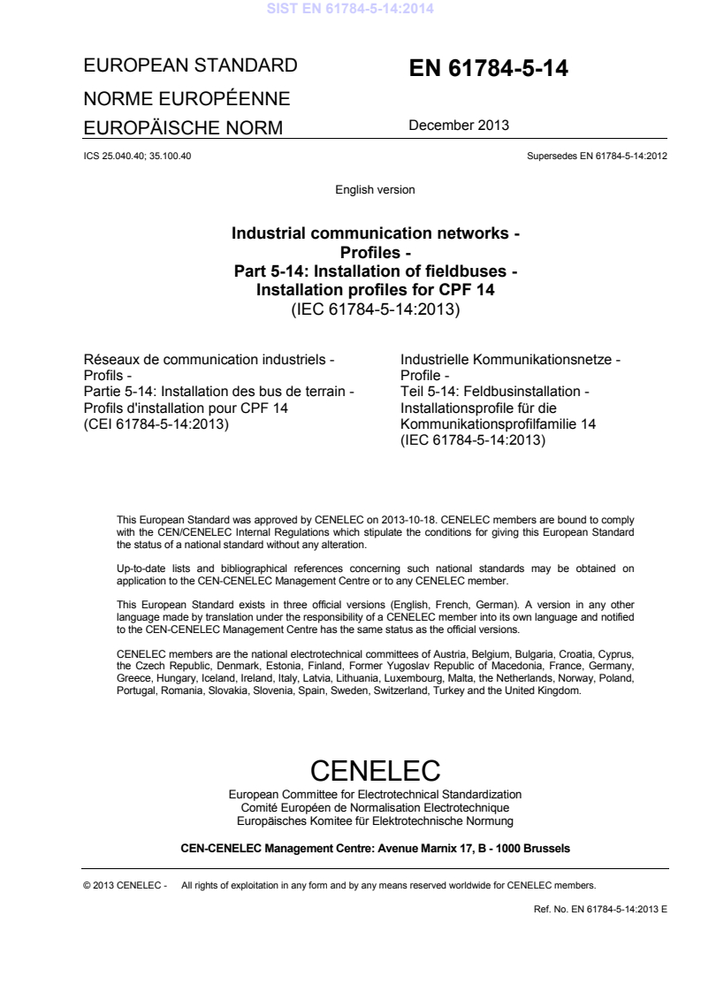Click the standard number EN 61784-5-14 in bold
487,71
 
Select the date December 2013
458,126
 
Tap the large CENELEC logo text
375,769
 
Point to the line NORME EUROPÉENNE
187,97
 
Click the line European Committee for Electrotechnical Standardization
375,795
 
